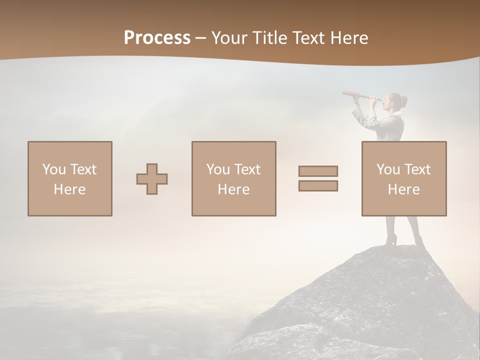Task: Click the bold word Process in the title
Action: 157,37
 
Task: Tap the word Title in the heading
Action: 269,37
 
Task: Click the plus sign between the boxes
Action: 152,179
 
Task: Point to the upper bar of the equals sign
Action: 318,171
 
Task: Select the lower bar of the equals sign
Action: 318,185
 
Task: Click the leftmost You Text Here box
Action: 69,178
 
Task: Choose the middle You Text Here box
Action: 233,178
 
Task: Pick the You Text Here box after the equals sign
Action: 403,178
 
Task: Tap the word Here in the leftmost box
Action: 69,189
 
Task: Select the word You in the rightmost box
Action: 388,169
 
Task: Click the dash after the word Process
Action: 201,37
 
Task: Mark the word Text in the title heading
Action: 307,37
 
